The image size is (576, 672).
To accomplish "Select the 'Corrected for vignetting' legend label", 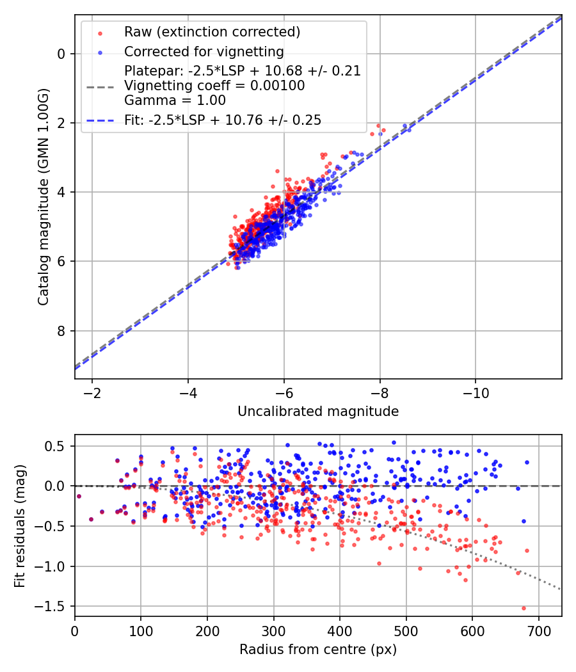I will click(x=204, y=51).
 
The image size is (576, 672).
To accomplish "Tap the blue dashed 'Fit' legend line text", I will click(x=223, y=120).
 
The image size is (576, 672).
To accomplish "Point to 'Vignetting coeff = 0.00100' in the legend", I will click(x=214, y=86).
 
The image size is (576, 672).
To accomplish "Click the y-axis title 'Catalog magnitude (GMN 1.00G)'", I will click(x=43, y=196).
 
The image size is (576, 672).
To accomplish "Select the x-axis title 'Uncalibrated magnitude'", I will click(x=318, y=412).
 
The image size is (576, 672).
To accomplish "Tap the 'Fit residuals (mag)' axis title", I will click(x=20, y=525).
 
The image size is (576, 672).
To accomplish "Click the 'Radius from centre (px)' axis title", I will click(x=318, y=650).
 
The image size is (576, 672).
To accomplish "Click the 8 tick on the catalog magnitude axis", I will click(x=62, y=331).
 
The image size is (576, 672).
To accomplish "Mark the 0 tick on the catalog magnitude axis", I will click(x=62, y=54).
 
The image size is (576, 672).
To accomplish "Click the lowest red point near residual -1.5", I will click(x=524, y=608).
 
